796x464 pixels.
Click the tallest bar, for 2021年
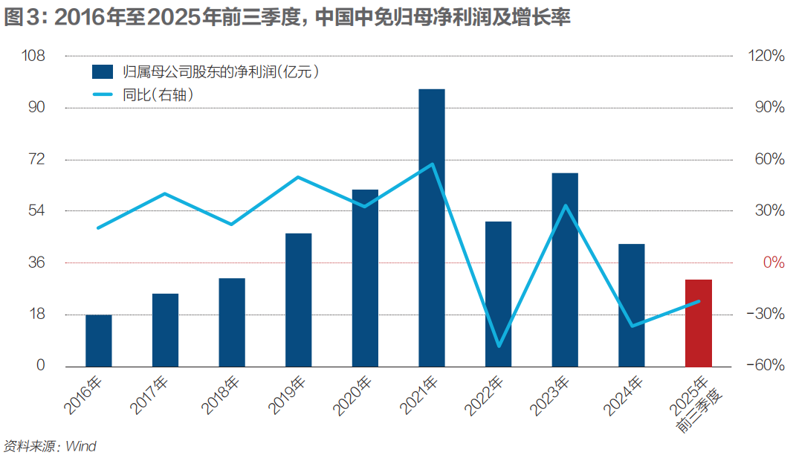point(432,228)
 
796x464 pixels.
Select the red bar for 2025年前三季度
point(699,323)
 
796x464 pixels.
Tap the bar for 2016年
point(99,341)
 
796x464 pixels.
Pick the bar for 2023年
point(565,269)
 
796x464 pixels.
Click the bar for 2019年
point(299,300)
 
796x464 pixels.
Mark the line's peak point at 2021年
point(432,164)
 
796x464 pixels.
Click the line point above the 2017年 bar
point(165,194)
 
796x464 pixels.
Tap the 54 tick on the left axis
point(37,211)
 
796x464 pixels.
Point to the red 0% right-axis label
point(773,262)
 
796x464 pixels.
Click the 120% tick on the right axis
point(768,57)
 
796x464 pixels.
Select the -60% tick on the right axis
point(767,366)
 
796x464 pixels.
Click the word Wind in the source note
point(81,447)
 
